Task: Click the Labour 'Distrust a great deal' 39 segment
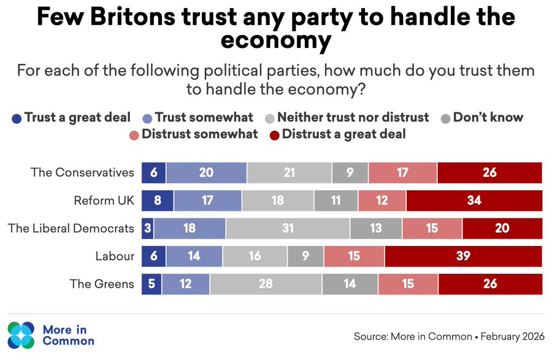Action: click(463, 256)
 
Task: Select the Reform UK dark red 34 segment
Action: click(473, 201)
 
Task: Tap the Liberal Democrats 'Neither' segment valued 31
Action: click(288, 229)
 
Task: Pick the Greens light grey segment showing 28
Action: click(266, 285)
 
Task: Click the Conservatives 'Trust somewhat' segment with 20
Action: click(206, 173)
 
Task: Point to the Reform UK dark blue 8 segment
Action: click(158, 201)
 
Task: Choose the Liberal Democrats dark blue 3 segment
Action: click(148, 229)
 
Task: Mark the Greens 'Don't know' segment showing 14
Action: click(350, 285)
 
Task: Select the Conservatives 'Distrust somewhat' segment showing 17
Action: click(402, 173)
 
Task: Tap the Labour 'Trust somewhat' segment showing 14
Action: click(194, 256)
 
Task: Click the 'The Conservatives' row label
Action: click(82, 173)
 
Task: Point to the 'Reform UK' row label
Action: click(104, 201)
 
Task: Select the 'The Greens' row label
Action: click(102, 285)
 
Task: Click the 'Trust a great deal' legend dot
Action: click(18, 118)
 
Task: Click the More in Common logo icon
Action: click(22, 335)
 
